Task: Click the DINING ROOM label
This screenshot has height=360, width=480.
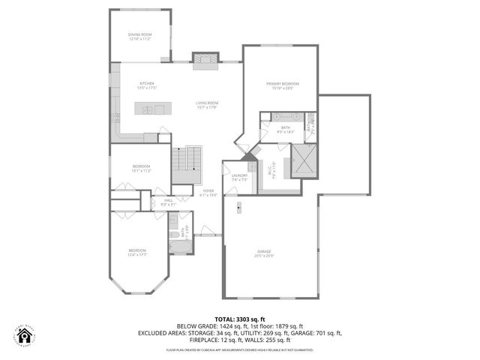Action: pos(140,35)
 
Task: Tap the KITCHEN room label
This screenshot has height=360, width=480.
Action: pos(146,83)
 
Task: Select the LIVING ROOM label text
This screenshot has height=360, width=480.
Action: pos(207,103)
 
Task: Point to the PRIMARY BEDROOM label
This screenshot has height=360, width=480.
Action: pos(283,83)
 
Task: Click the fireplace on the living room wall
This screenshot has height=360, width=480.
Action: pos(204,60)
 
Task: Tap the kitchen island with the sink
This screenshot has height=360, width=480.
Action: pos(153,109)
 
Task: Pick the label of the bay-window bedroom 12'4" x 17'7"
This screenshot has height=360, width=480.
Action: pos(136,250)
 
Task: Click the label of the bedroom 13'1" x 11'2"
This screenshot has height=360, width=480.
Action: pos(142,166)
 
